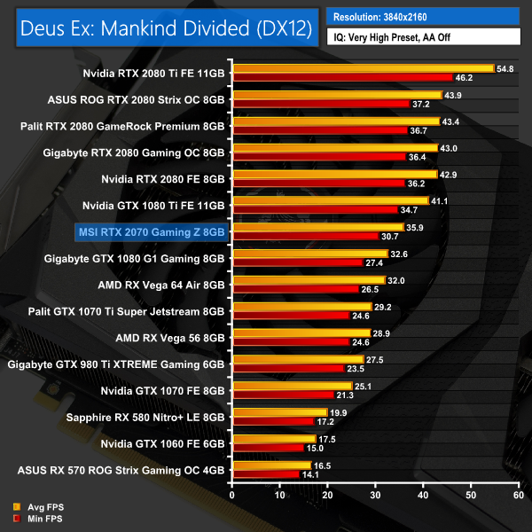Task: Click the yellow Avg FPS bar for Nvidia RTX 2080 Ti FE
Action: point(362,68)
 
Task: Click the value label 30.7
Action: point(390,237)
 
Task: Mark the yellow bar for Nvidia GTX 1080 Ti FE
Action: point(329,201)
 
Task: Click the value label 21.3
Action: point(345,395)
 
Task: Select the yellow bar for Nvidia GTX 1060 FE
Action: point(273,439)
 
